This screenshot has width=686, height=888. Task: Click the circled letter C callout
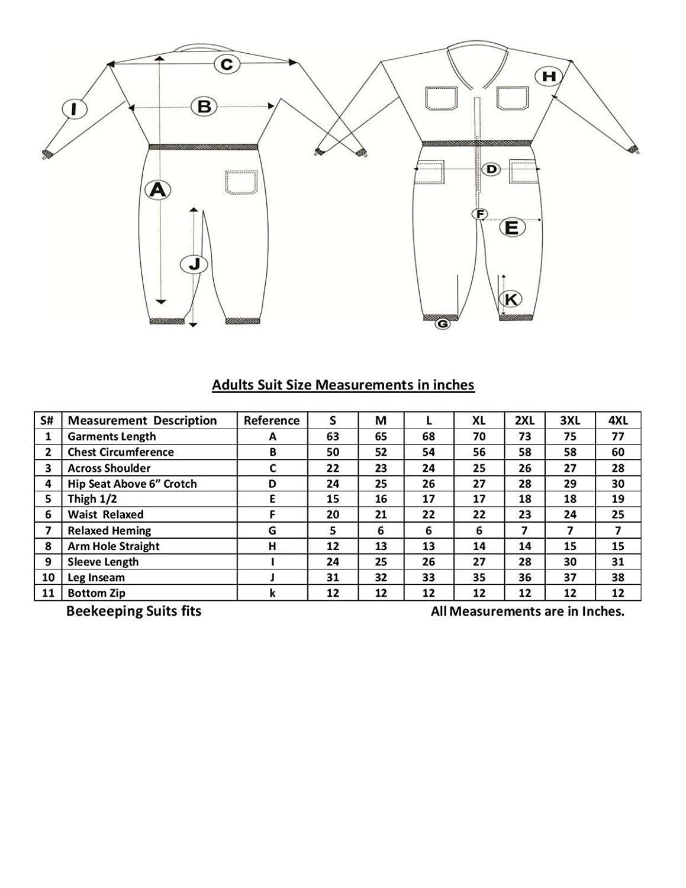(x=227, y=64)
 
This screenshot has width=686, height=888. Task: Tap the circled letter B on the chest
(x=204, y=107)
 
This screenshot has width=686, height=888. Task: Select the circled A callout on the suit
(x=157, y=189)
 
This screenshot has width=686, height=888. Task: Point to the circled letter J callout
(x=194, y=264)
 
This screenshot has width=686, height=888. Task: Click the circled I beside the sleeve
(x=74, y=109)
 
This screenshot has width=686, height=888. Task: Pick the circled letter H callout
(x=549, y=76)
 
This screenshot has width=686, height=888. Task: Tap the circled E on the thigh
(x=512, y=227)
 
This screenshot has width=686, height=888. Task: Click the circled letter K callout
(x=511, y=299)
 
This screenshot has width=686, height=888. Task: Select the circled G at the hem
(x=442, y=324)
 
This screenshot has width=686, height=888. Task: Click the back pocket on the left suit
(x=241, y=182)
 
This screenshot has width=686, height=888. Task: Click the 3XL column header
(x=569, y=420)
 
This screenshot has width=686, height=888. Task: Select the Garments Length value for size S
(x=333, y=436)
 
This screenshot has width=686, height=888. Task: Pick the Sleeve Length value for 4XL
(x=617, y=562)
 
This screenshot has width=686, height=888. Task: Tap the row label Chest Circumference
(x=121, y=452)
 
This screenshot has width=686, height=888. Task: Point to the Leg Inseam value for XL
(x=479, y=577)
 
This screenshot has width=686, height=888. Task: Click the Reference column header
(x=272, y=420)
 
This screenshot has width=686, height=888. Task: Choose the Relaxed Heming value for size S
(x=333, y=530)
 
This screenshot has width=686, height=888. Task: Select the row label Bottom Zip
(x=96, y=593)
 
